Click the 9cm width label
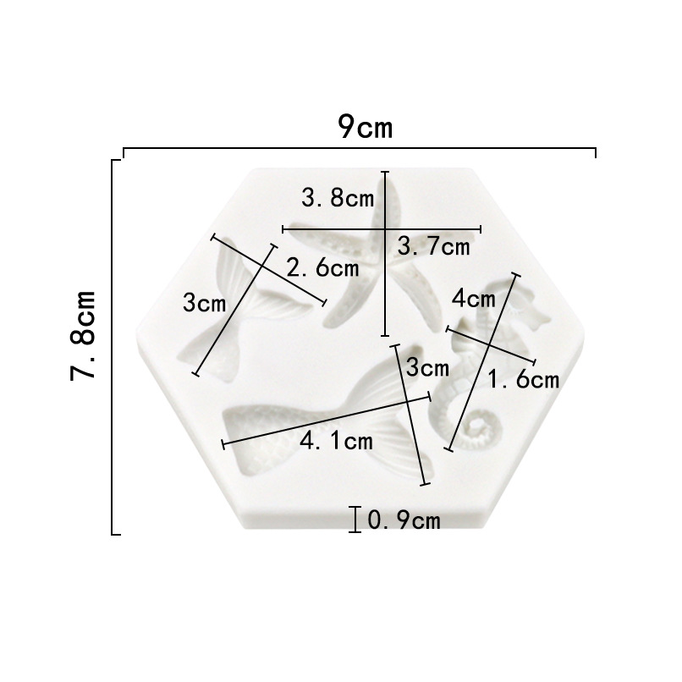tap(366, 127)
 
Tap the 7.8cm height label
tap(83, 335)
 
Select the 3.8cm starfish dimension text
tap(338, 198)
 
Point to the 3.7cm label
tap(433, 246)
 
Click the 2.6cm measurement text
tap(322, 267)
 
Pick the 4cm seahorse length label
tap(474, 299)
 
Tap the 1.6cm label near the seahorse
tap(523, 379)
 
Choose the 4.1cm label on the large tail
tap(336, 442)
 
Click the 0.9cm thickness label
tap(404, 520)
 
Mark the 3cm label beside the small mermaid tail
tap(205, 303)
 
